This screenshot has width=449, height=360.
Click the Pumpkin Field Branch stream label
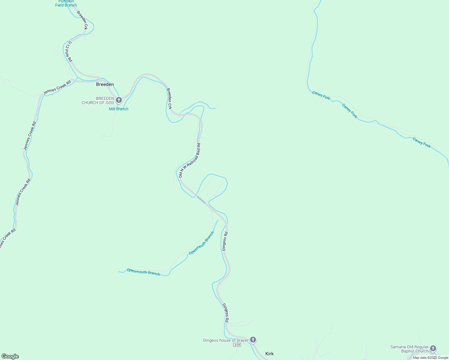pos(66,3)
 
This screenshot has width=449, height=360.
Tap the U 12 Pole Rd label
pos(69,52)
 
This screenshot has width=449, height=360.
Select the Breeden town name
pos(105,84)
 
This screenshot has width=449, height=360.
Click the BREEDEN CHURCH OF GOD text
pos(98,100)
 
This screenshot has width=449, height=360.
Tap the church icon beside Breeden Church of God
pos(119,100)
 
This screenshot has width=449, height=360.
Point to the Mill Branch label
pos(119,109)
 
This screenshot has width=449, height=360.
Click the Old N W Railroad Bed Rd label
pos(189,160)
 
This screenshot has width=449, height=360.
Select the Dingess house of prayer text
pos(226,340)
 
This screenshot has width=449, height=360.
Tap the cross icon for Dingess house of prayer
pos(253,340)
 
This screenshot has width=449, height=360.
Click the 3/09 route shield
pos(237,345)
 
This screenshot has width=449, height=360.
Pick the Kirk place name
pos(270,354)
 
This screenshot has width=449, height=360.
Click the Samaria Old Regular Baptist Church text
pos(409,349)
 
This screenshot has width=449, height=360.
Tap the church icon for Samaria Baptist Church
pos(433,348)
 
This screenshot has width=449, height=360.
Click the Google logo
pos(10,356)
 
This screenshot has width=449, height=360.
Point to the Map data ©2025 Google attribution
pos(430,358)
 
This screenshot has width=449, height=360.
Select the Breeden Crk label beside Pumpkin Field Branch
pos(82,20)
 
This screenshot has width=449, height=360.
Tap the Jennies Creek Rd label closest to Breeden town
pos(57,87)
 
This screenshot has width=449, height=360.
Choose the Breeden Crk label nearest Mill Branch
pos(169,98)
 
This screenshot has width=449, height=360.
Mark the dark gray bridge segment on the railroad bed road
pos(201,199)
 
